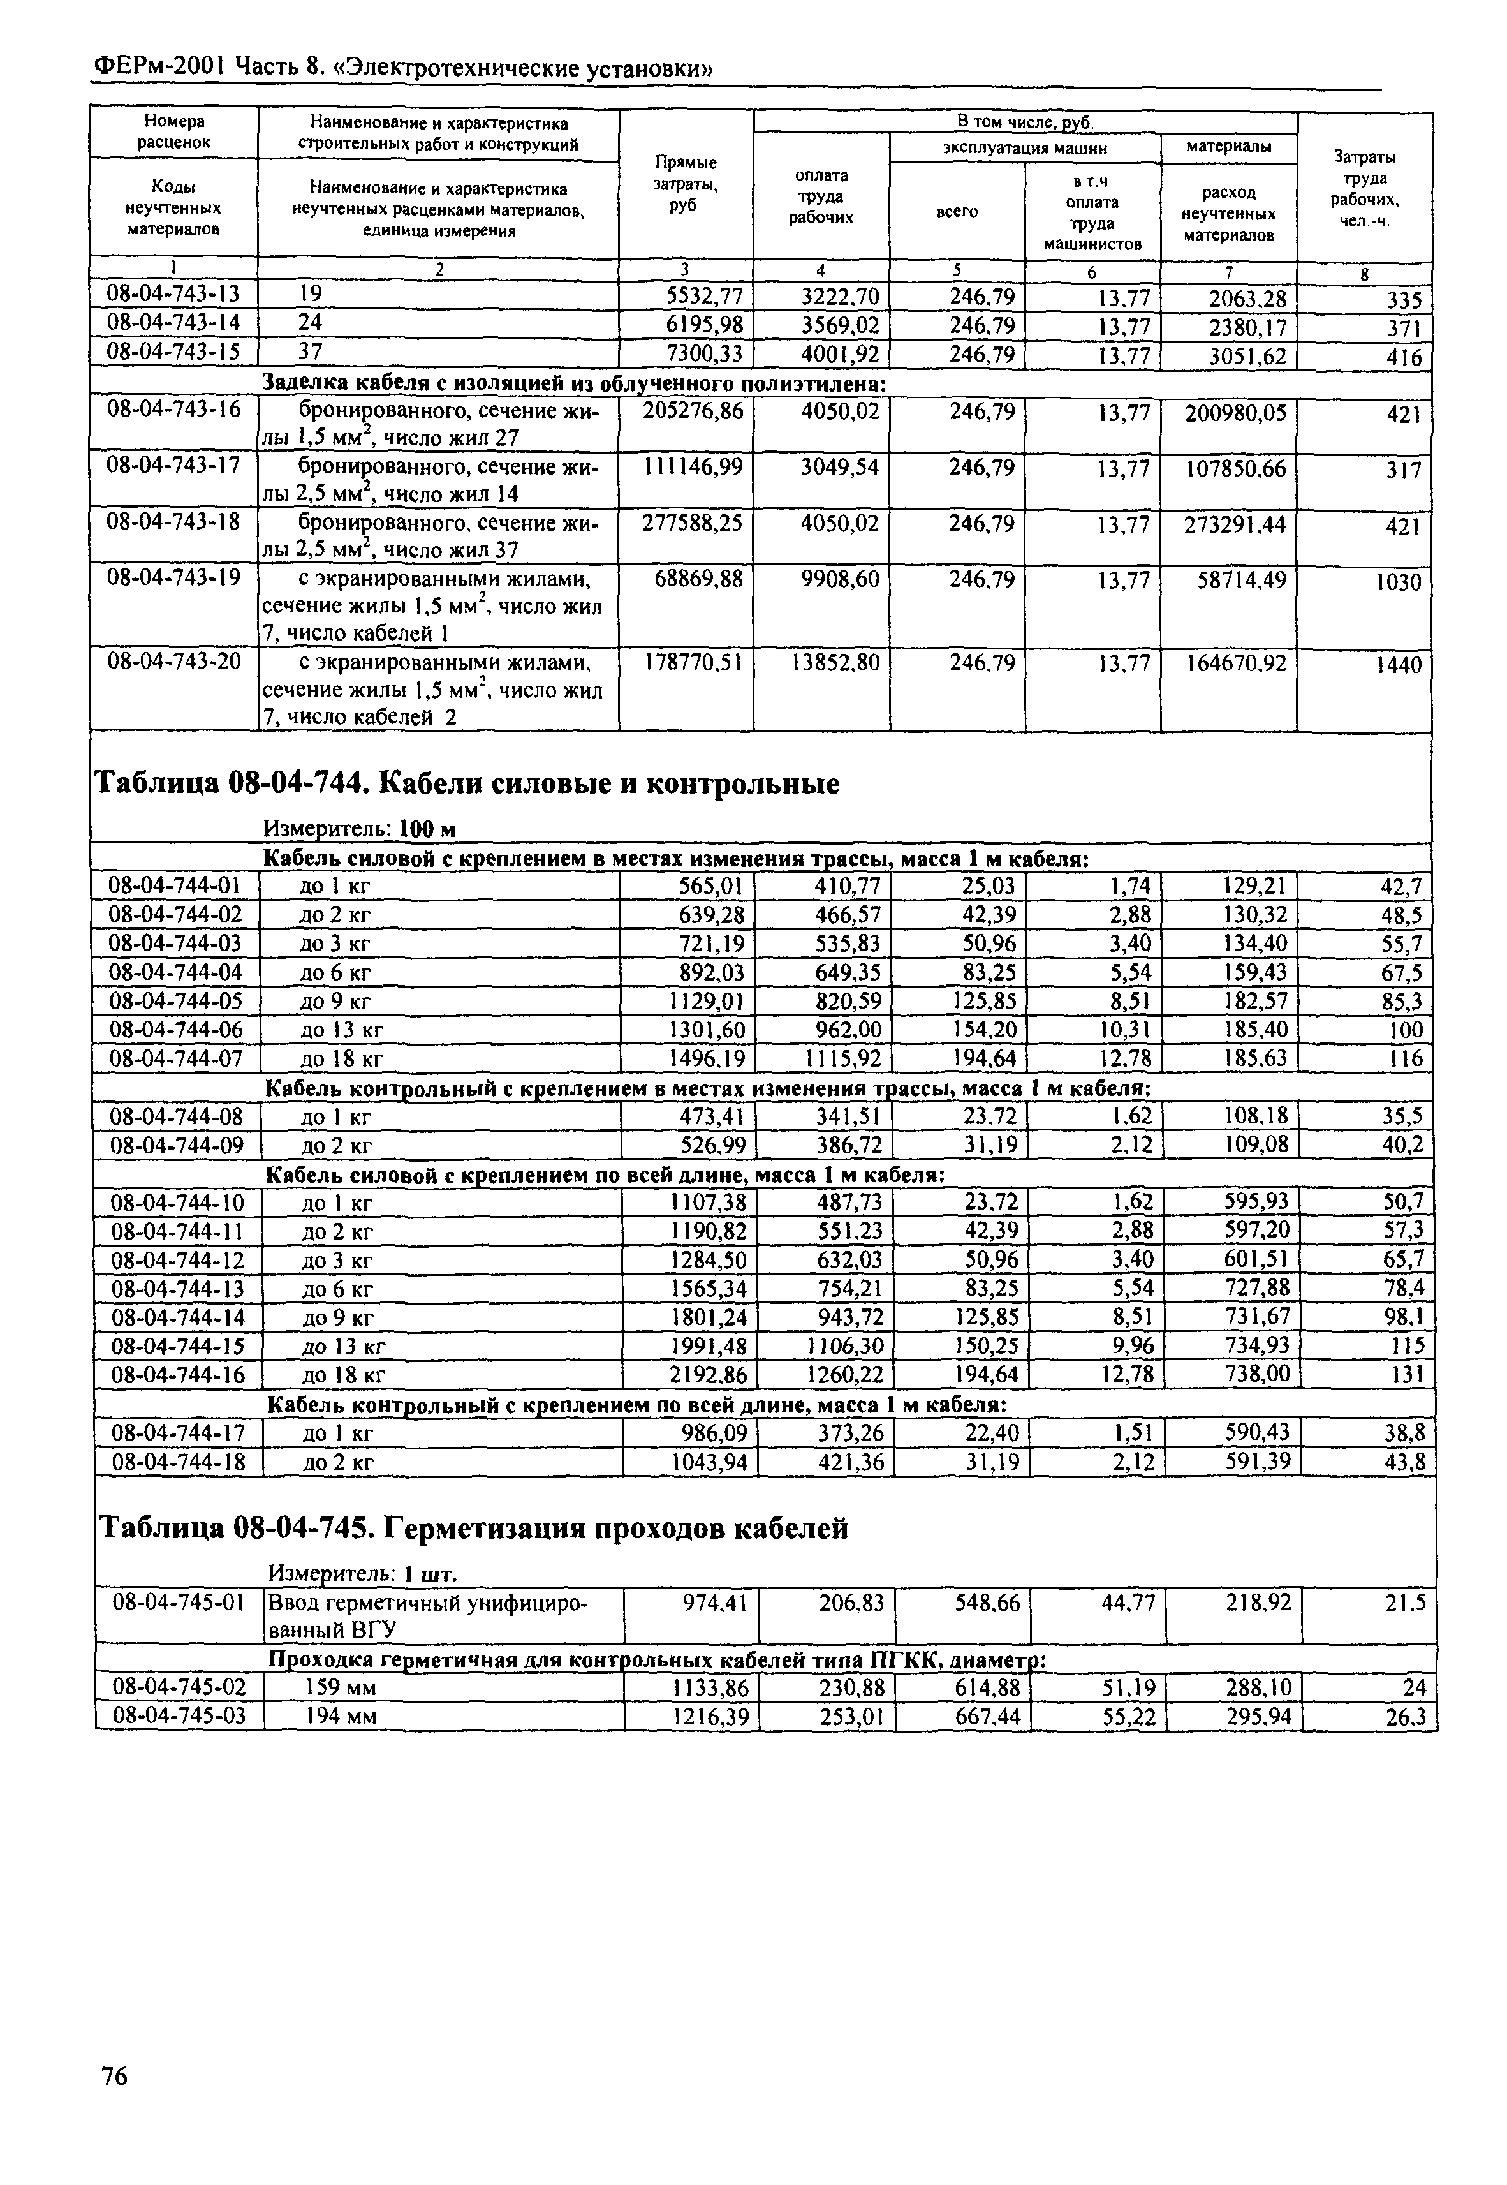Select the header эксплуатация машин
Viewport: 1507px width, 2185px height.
point(1024,148)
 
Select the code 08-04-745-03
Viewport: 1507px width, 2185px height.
point(179,1715)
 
